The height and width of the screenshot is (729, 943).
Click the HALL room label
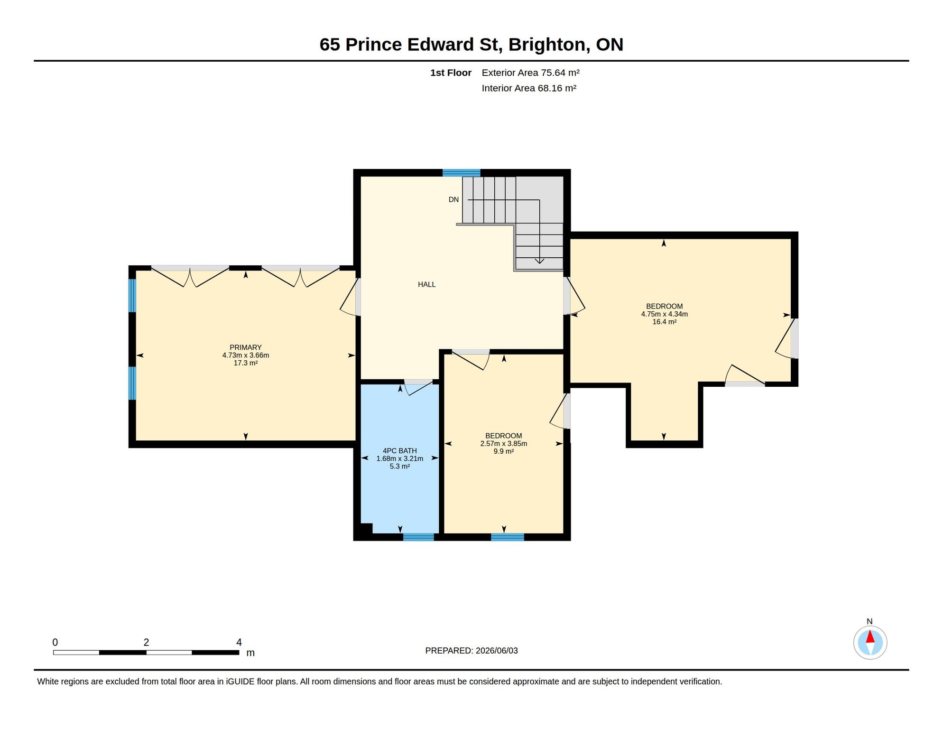pos(426,284)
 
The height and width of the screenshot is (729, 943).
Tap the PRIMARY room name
pos(245,347)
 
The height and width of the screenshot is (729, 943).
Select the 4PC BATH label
pos(400,451)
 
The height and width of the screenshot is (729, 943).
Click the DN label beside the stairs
pos(453,200)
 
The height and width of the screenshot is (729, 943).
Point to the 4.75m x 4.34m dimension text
pos(664,314)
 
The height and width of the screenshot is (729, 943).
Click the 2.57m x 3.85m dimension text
pos(503,444)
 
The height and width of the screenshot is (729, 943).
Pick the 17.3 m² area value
pos(245,363)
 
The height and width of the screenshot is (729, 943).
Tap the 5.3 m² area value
pos(400,467)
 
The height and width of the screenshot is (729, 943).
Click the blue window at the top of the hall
pos(461,173)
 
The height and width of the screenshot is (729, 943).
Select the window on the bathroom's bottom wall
pos(418,537)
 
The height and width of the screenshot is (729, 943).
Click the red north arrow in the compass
pos(870,636)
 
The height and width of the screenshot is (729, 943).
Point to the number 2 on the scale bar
pos(146,643)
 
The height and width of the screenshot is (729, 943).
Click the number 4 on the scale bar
pos(239,643)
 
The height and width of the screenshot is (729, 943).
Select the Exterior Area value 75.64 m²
pos(560,73)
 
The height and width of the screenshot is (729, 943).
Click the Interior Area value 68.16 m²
pos(557,88)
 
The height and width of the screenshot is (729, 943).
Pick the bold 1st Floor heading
pos(451,73)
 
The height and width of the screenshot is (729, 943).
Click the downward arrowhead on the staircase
pos(539,261)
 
